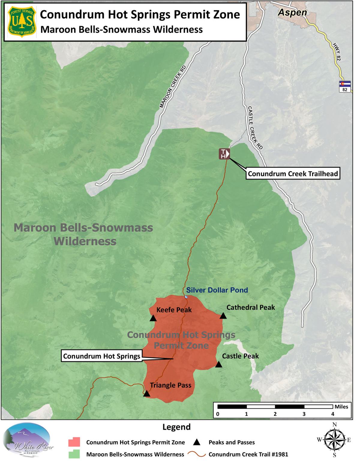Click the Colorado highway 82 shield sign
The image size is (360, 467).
[345, 86]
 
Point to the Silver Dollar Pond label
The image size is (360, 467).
[217, 290]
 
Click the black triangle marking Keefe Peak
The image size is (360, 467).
[153, 318]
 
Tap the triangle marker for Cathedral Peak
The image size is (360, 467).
[223, 316]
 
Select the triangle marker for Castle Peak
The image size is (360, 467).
[219, 364]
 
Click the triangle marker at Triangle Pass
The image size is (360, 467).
[146, 394]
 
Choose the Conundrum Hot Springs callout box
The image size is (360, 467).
[101, 356]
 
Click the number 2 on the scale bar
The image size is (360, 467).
[275, 414]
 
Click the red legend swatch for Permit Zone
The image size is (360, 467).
[74, 442]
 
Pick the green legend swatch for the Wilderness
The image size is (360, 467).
[74, 454]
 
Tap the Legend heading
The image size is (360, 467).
[176, 427]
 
